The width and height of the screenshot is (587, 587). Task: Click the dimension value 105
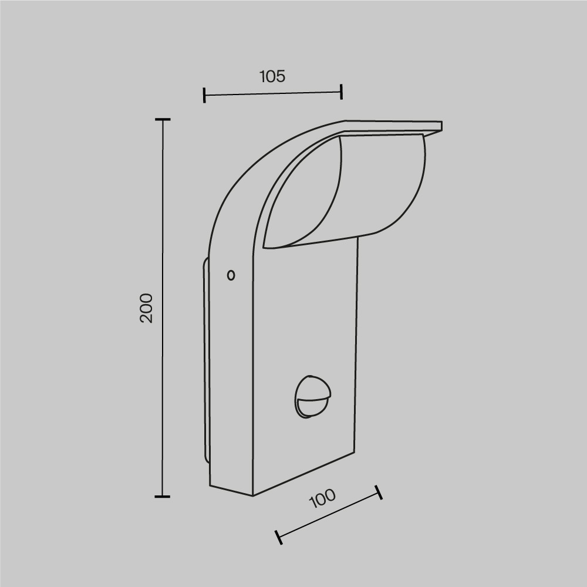272,76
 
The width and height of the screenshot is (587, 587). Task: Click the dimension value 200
146,308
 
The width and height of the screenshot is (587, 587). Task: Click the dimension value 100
322,498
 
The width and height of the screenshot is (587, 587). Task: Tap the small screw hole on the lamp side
231,275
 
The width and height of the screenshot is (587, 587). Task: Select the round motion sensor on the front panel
312,396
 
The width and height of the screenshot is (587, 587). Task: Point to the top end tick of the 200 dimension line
163,119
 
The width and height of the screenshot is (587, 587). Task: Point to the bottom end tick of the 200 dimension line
163,497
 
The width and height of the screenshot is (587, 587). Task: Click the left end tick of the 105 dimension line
204,95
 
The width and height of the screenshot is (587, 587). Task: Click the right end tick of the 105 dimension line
341,91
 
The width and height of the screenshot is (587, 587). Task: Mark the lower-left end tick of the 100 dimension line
279,537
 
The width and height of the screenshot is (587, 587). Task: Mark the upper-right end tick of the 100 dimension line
379,492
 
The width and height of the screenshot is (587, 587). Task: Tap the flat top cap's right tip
441,126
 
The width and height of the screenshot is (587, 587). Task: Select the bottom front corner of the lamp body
253,495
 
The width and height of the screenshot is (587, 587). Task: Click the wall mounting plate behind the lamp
206,364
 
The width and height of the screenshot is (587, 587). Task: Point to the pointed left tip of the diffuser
265,247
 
